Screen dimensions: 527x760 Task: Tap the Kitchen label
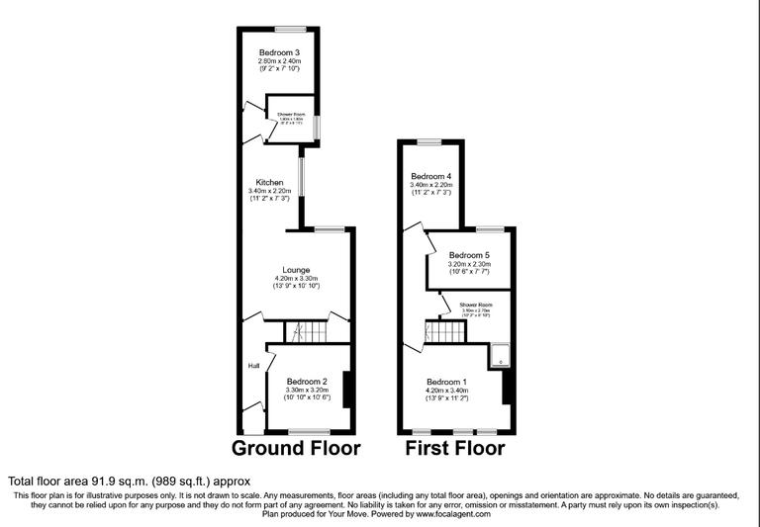coord(270,183)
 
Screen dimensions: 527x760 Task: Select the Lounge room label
coord(296,270)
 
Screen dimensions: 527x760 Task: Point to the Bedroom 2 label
coord(307,382)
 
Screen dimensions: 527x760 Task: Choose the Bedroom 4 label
coord(430,177)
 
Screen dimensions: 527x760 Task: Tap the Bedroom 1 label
coord(447,382)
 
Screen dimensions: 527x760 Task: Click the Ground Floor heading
coord(296,449)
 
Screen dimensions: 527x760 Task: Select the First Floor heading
coord(455,449)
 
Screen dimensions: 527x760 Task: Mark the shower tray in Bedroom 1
coord(502,355)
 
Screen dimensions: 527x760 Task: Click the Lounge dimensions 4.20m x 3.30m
coord(296,279)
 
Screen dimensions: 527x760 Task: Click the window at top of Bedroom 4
coord(429,142)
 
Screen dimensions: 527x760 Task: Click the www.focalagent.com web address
coord(452,513)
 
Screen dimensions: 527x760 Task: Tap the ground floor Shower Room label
coord(292,115)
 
